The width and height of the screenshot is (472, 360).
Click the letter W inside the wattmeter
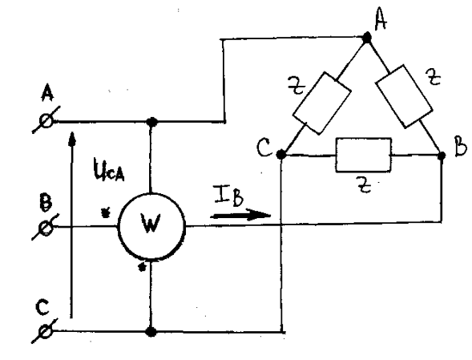coord(151,224)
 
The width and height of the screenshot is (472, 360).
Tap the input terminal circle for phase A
coord(46,121)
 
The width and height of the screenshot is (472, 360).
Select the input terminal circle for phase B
coord(46,227)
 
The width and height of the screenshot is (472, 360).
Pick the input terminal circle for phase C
coord(46,331)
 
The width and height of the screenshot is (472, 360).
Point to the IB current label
coord(228,196)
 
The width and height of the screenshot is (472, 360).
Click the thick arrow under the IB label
coord(241,215)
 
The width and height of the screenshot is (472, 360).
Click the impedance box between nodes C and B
coord(364,155)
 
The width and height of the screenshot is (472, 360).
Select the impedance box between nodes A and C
coord(321,103)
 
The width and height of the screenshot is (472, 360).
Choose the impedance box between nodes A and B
coord(404,96)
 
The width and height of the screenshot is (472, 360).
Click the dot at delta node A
coord(367,38)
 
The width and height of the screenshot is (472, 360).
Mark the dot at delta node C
coord(280,155)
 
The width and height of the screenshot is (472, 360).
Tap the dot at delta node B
coord(442,156)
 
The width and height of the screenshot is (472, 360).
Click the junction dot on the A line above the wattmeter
coord(151,122)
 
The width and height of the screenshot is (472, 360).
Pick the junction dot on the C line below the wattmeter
coord(151,332)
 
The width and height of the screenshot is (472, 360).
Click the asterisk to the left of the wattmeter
coord(105,212)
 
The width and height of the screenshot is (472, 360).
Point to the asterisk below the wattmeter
coord(142,267)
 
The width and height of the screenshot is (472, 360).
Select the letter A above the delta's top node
coord(381,20)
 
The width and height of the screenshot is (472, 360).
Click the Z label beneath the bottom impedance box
coord(364,184)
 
